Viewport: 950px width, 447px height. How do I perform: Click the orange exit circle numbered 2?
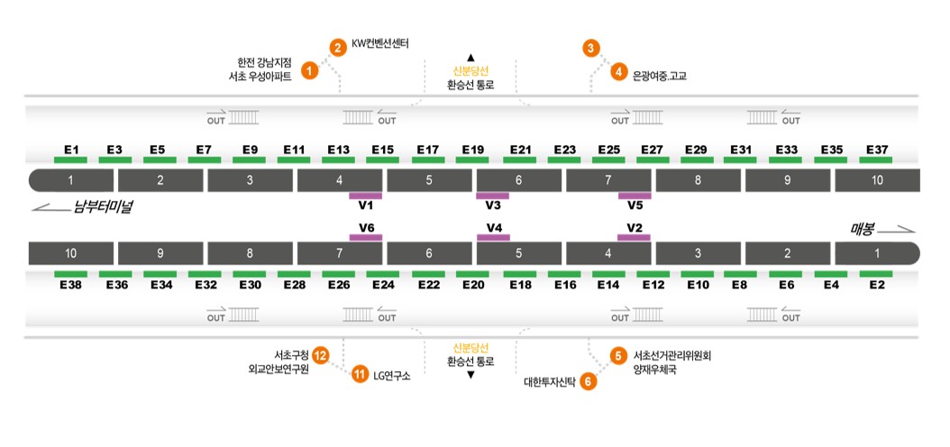(x=338, y=48)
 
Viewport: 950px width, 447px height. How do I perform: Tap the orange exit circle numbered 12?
(x=321, y=356)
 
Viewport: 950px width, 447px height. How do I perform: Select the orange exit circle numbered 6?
(x=589, y=381)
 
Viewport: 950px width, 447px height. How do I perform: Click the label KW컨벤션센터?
(x=380, y=44)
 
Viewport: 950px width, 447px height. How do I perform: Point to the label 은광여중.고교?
(x=659, y=76)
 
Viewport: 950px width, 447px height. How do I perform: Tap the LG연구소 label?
(x=392, y=376)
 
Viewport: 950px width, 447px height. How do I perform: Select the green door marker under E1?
(x=70, y=160)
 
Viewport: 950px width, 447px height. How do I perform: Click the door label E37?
(x=876, y=149)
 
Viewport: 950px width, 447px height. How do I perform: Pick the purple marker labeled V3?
(x=492, y=196)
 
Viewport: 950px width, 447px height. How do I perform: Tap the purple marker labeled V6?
(x=366, y=237)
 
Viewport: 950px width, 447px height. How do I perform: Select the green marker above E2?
(x=876, y=274)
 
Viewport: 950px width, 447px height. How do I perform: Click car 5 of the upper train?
(x=429, y=180)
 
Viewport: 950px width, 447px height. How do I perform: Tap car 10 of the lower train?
(x=71, y=253)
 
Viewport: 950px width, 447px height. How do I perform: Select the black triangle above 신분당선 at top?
(x=470, y=58)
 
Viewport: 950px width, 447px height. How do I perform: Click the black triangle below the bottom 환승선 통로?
(x=470, y=375)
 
